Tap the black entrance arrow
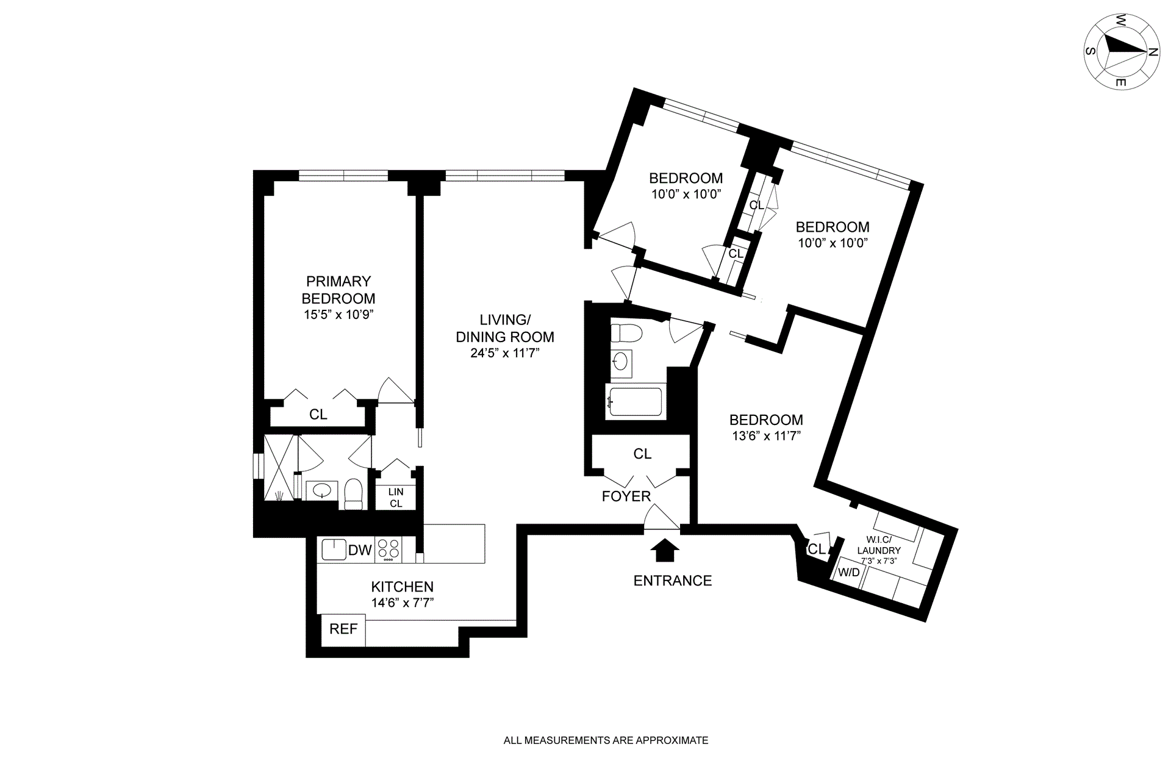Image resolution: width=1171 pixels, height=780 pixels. pos(664,552)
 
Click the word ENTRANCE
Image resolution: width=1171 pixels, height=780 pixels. pos(672,581)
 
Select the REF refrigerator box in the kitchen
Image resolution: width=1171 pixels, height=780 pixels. pos(343,629)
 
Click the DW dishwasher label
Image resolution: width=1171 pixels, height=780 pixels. pos(360,550)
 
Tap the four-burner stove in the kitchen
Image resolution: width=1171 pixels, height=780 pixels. pos(389,549)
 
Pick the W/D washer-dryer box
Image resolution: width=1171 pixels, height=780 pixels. pos(848,573)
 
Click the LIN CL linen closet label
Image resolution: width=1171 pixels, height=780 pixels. pos(396,498)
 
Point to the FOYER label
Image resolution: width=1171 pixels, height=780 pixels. pos(626,496)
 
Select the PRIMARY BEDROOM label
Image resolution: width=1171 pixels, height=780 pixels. pos(338,290)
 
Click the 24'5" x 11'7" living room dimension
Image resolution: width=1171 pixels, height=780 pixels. pos(505,353)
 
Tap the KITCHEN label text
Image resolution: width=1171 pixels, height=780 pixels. pos(403,587)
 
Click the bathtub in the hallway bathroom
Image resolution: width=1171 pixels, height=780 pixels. pos(634,401)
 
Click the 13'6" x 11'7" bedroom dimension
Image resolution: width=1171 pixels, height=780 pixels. pos(765,436)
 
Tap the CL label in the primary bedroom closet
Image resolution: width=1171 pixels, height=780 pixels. pos(318,415)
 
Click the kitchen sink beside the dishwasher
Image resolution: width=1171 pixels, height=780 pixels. pos(332,549)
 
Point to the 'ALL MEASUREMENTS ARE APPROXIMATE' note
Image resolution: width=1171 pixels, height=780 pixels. pos(606,740)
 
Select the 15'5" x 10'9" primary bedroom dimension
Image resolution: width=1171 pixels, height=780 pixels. pos(338,315)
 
